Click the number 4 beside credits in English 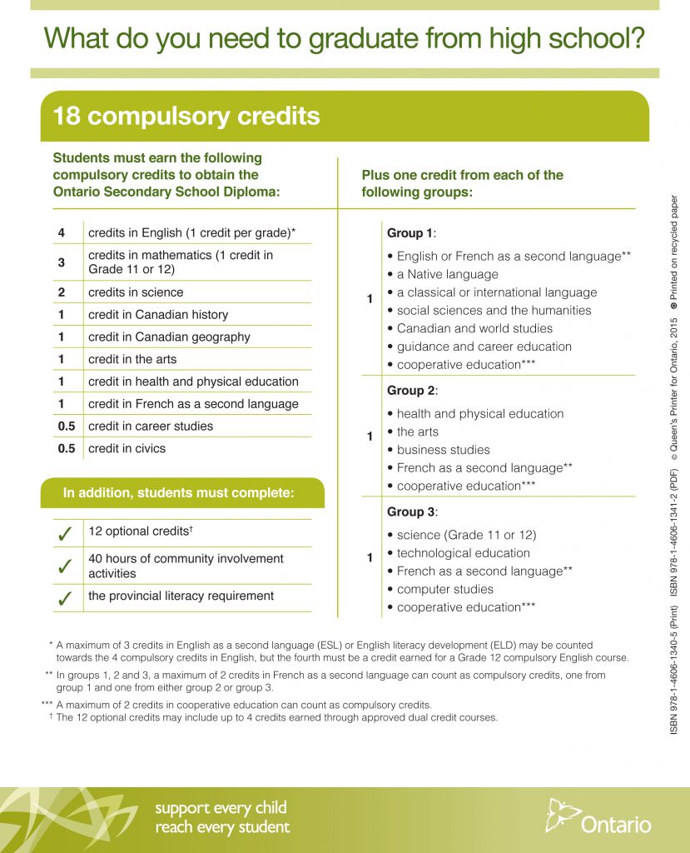click(x=61, y=232)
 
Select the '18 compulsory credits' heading click(x=186, y=116)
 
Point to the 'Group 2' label click(x=411, y=390)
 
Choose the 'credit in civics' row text click(x=127, y=448)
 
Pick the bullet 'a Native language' click(x=447, y=274)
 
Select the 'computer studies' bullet click(x=444, y=589)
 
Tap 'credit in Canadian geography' click(x=169, y=337)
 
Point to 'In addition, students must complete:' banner click(x=178, y=493)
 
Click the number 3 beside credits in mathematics click(x=61, y=262)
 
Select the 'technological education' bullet click(x=463, y=553)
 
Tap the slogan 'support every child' click(x=221, y=808)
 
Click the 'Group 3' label click(x=411, y=511)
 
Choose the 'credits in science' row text click(x=136, y=292)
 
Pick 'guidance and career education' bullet click(x=484, y=347)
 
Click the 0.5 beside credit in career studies click(x=66, y=426)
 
